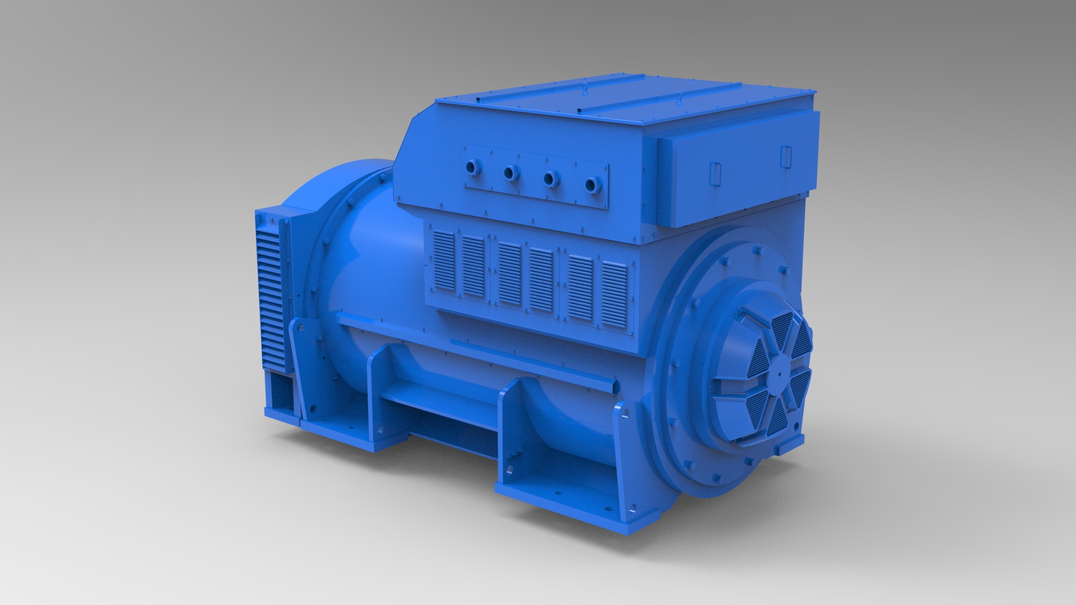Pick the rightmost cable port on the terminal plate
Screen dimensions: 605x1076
point(591,184)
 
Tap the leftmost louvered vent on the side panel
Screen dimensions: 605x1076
point(444,262)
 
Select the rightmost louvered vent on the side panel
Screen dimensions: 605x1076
point(615,295)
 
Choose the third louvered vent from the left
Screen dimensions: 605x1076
point(510,274)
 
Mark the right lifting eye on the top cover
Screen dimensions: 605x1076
point(678,95)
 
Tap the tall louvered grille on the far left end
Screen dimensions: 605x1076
point(269,291)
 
